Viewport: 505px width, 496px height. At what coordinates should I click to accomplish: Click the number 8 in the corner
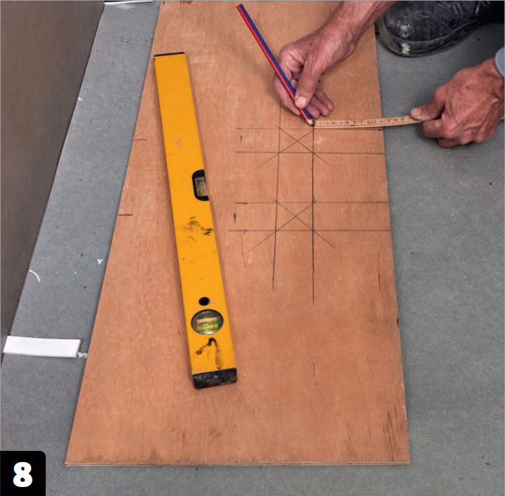23,475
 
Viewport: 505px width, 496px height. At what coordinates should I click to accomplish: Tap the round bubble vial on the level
207,321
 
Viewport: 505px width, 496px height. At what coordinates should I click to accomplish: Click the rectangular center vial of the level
200,185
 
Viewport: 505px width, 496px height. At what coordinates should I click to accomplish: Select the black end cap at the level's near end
215,378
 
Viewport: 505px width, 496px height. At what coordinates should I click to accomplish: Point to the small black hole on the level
204,301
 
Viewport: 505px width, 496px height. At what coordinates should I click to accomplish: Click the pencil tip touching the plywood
311,123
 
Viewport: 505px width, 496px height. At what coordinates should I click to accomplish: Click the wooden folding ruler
367,123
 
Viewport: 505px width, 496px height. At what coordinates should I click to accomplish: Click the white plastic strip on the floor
42,347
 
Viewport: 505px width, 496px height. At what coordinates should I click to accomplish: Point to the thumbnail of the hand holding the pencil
301,102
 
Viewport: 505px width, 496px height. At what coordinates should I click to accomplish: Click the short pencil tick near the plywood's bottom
314,370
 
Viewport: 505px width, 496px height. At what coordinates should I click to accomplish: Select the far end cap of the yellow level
170,54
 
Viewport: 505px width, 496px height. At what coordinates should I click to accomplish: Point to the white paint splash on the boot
405,48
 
